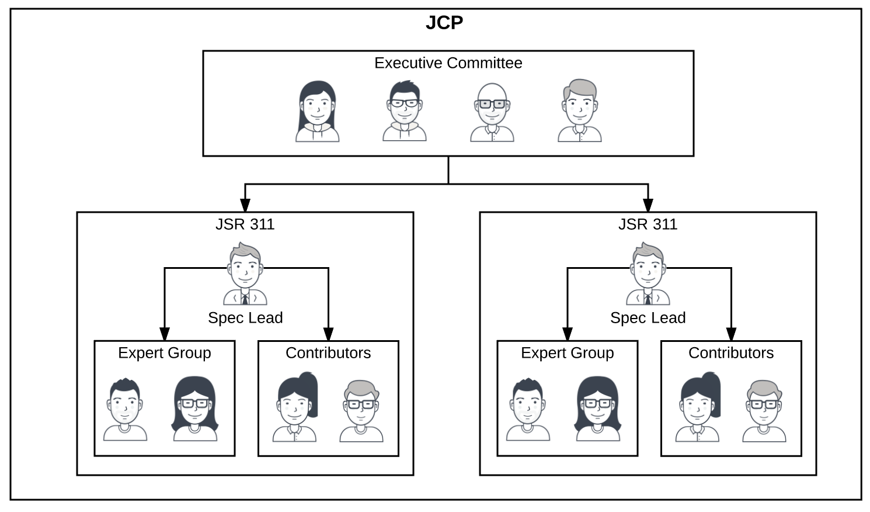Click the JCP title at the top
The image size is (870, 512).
pos(444,23)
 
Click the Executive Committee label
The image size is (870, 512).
pos(448,63)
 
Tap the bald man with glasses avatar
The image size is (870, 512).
pos(492,112)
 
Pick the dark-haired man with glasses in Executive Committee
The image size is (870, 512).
pos(404,111)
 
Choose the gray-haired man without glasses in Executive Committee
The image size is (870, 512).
pos(579,111)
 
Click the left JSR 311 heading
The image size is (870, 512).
pos(245,224)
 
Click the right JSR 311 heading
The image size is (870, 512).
pos(648,224)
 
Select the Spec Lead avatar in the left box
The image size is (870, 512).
pos(245,275)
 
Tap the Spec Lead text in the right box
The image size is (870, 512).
pos(648,318)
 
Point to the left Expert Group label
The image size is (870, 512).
pos(164,353)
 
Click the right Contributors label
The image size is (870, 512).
pos(730,353)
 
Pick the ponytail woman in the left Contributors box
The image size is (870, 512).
pos(295,407)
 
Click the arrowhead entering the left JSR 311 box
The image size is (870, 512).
pos(245,205)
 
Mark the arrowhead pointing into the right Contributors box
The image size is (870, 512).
pos(731,334)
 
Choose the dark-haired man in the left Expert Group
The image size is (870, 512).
pos(125,409)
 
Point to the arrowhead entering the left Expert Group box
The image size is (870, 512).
pos(165,334)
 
